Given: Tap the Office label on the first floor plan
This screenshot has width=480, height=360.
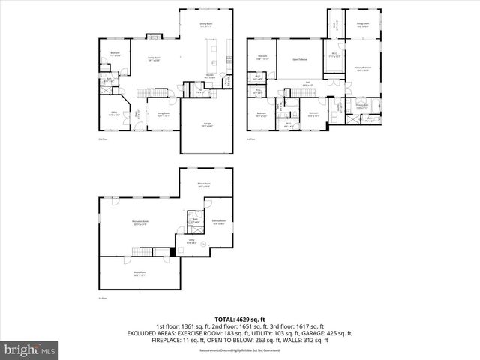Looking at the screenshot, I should (114, 115).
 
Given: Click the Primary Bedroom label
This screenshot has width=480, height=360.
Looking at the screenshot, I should (361, 69).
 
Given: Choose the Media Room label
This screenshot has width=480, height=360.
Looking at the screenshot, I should (139, 273).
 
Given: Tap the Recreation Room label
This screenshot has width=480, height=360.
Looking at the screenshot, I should (140, 223).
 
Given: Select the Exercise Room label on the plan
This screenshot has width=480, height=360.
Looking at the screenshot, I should (219, 222).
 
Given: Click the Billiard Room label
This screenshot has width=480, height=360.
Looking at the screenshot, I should (203, 184).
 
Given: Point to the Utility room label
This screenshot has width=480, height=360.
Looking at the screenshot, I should (191, 241).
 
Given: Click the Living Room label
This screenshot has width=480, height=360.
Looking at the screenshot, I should (163, 115).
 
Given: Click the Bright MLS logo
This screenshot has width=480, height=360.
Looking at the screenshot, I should (30, 349).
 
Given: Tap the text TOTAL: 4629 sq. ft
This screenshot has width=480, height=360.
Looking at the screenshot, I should (239, 319).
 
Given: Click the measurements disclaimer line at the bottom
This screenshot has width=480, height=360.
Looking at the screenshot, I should (239, 350).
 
